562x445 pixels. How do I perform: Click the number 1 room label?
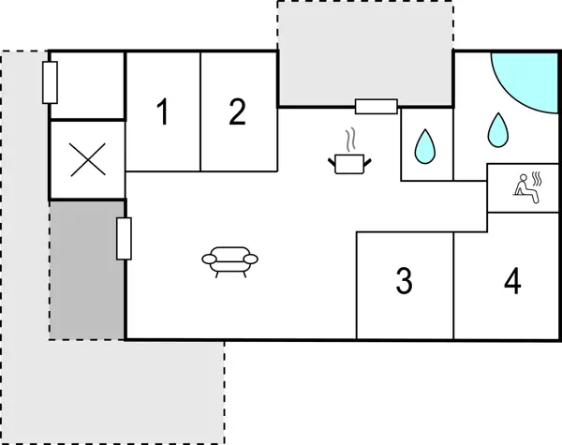(x=163, y=113)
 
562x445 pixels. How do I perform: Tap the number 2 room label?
(x=238, y=112)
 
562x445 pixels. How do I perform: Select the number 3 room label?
(x=404, y=281)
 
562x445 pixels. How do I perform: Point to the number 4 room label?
(x=511, y=281)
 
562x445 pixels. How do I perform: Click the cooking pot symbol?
(x=351, y=164)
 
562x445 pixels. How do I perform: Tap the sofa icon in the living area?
(x=229, y=260)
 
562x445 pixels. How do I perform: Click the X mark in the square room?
(x=87, y=160)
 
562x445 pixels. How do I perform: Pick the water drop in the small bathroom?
(x=426, y=144)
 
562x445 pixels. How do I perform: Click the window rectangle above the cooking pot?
(x=377, y=106)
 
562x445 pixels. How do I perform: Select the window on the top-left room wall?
(x=51, y=82)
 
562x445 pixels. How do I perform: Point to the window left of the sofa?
(x=124, y=238)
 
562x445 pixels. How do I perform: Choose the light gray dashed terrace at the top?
(x=365, y=52)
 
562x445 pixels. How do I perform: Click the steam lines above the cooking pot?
(x=351, y=141)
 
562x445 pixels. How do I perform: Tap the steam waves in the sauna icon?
(x=538, y=179)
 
